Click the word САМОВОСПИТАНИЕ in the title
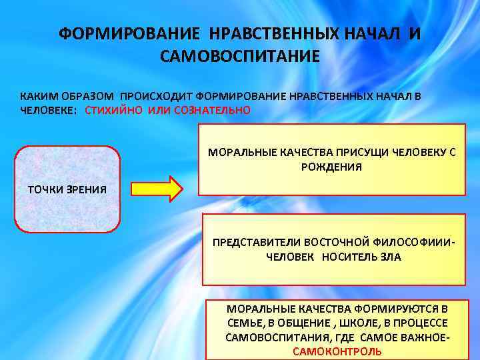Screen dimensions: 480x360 (x=240, y=55)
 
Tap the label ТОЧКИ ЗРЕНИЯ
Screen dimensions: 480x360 (x=67, y=189)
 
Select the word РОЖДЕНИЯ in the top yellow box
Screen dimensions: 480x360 (x=332, y=167)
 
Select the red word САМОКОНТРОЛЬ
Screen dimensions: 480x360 (x=337, y=351)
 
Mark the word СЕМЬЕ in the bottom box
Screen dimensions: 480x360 (x=242, y=323)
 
